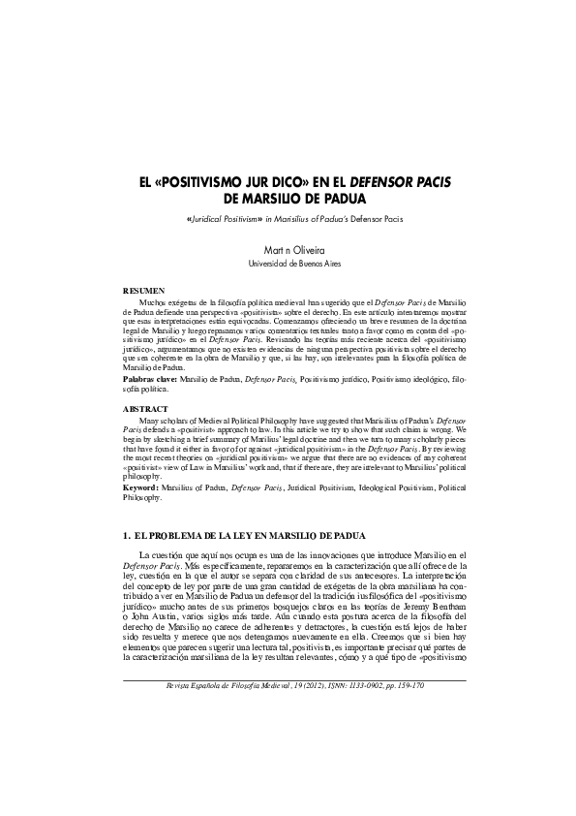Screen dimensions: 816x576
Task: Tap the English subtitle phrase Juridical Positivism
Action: [x=223, y=220]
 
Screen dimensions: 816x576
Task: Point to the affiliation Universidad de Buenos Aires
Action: [x=288, y=263]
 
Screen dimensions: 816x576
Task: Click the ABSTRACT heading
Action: [x=145, y=410]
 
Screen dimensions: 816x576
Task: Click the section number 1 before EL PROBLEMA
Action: [x=127, y=535]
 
